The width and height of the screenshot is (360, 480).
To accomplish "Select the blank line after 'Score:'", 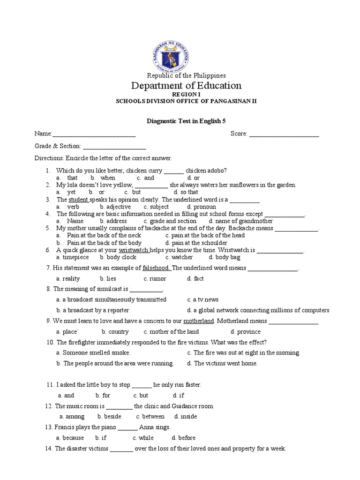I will click(x=284, y=134).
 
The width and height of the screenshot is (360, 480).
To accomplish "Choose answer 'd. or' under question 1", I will click(x=193, y=178).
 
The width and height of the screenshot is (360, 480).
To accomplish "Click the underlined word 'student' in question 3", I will click(x=79, y=200).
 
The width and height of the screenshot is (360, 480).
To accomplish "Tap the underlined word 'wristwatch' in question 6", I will click(x=134, y=250).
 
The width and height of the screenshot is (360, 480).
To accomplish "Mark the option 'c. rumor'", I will click(x=155, y=278).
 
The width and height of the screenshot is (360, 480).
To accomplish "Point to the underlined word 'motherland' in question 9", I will click(x=198, y=321).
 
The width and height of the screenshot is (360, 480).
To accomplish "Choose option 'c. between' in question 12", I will click(x=150, y=416).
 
